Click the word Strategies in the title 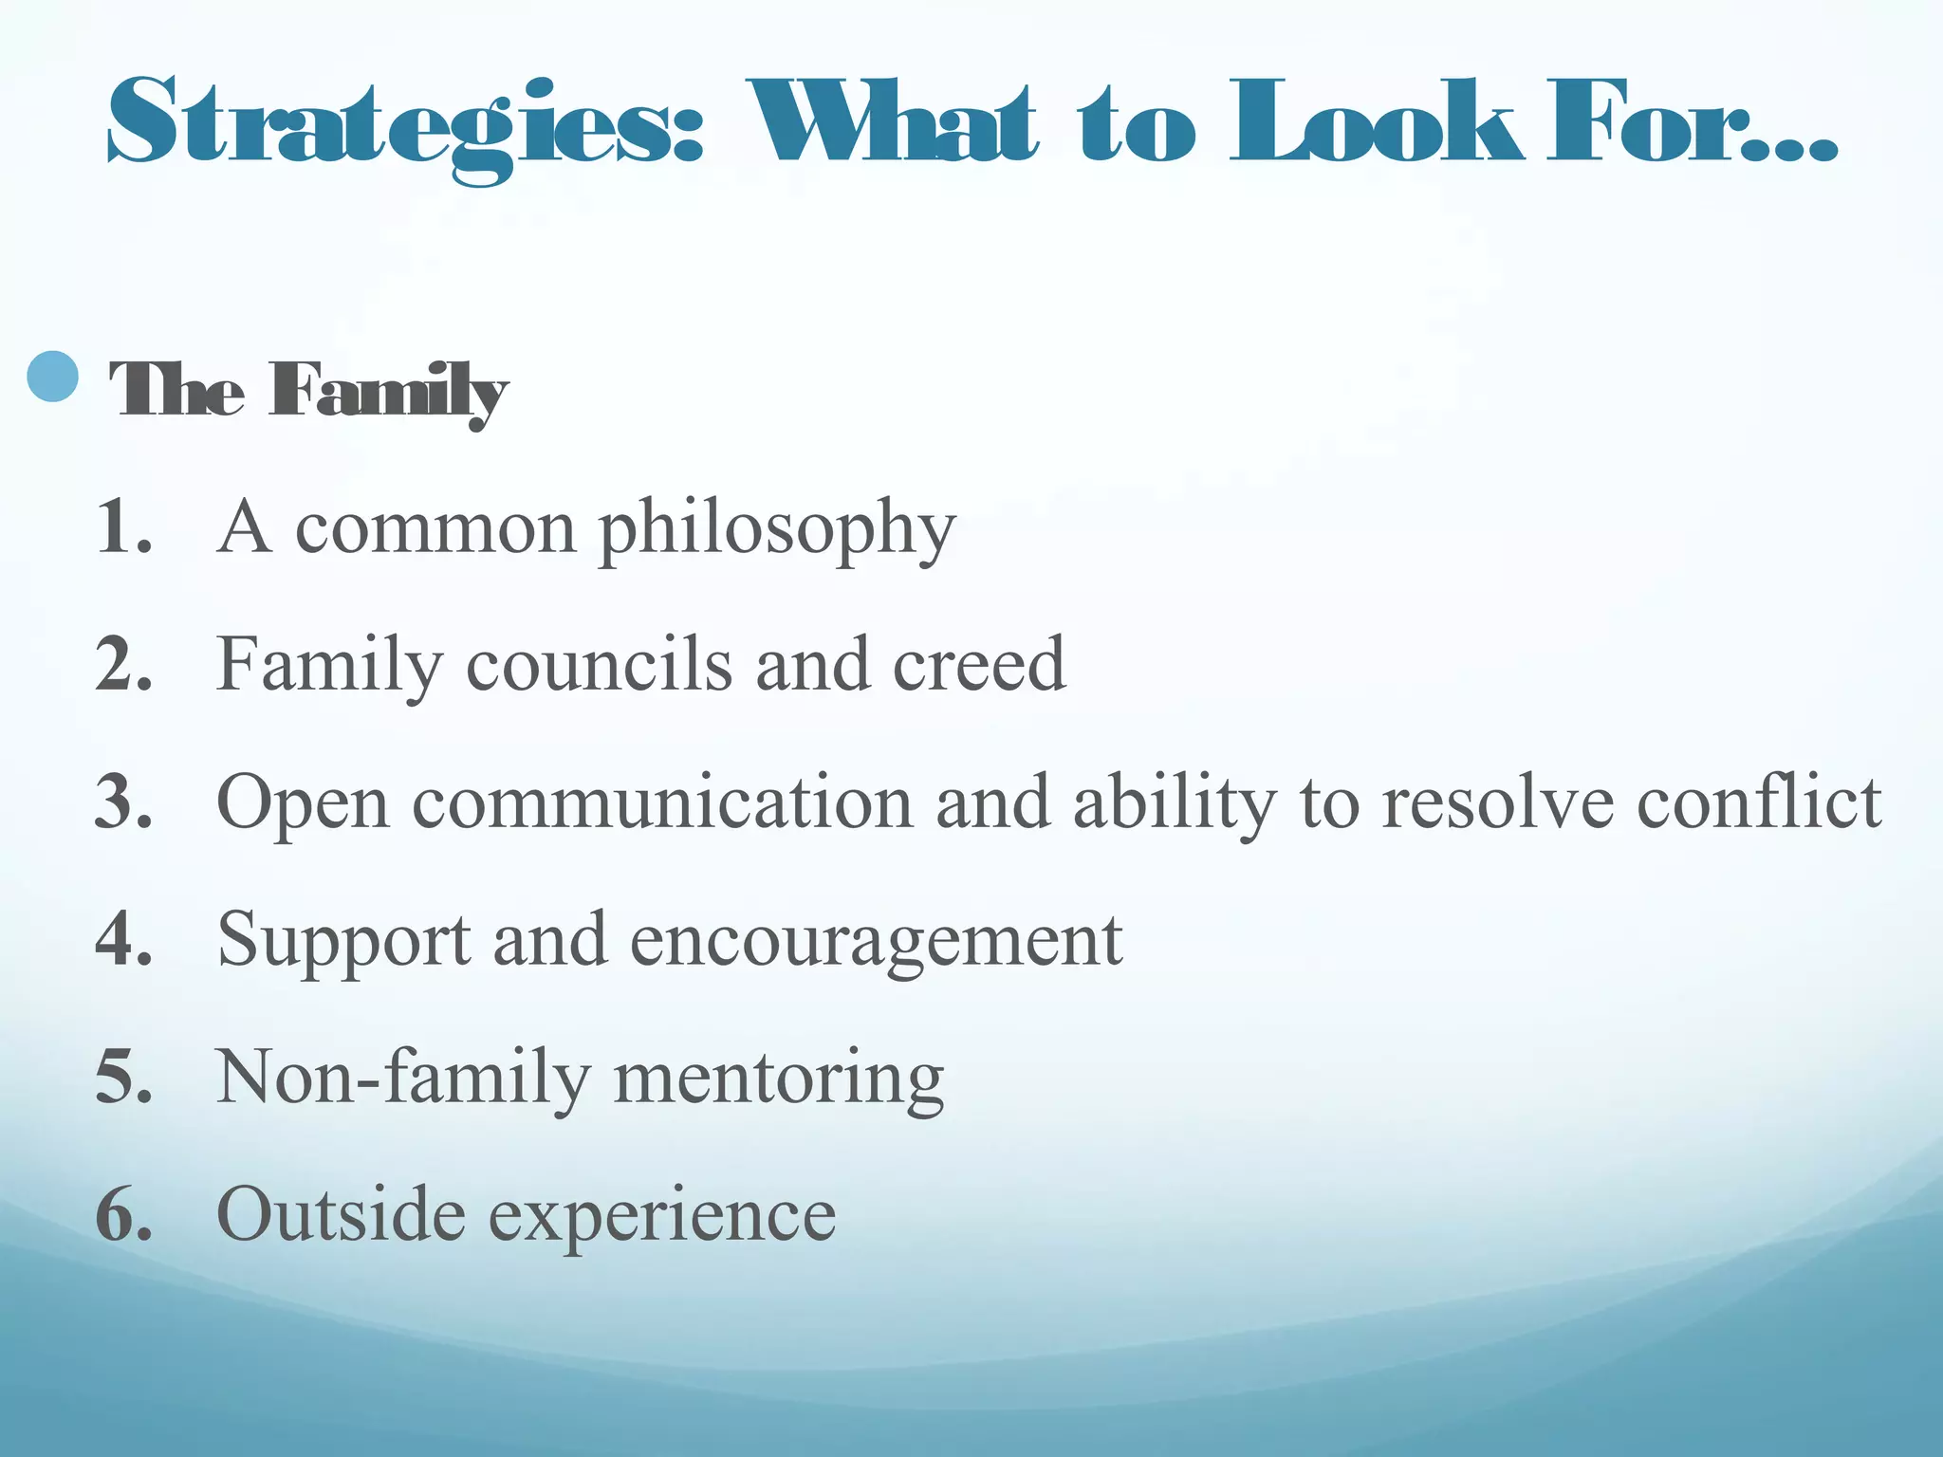pyautogui.click(x=403, y=128)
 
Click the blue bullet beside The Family pyautogui.click(x=52, y=377)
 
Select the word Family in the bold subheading pyautogui.click(x=387, y=391)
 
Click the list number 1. pyautogui.click(x=123, y=527)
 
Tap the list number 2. pyautogui.click(x=123, y=665)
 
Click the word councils pyautogui.click(x=599, y=665)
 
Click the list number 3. pyautogui.click(x=123, y=802)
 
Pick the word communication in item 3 pyautogui.click(x=662, y=802)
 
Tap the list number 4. pyautogui.click(x=123, y=940)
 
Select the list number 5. pyautogui.click(x=123, y=1078)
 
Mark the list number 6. pyautogui.click(x=123, y=1215)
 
